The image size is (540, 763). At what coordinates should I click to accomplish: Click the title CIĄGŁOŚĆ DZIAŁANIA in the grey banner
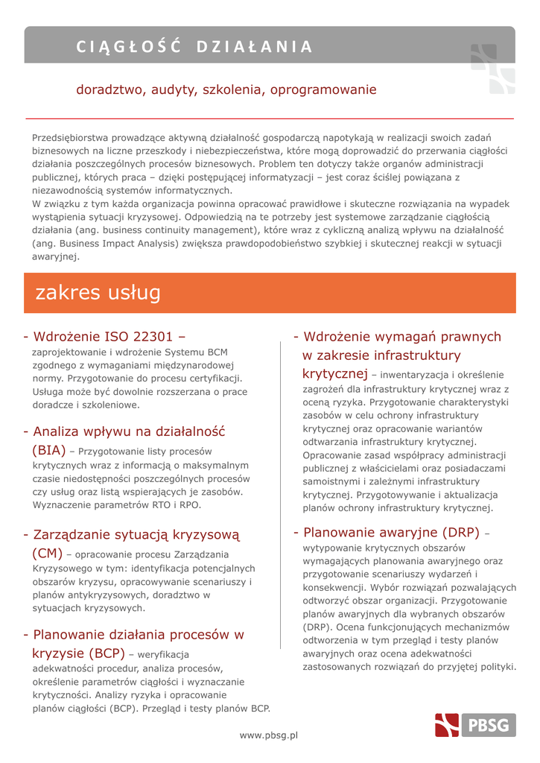[x=194, y=47]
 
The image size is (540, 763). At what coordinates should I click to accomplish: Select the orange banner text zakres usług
[x=98, y=293]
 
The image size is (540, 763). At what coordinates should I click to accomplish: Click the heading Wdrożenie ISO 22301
[x=104, y=336]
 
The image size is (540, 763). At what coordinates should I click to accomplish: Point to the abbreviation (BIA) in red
[x=49, y=450]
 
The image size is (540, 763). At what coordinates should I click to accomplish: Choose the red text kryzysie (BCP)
[x=78, y=653]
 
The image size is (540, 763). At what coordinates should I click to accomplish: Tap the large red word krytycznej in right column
[x=335, y=373]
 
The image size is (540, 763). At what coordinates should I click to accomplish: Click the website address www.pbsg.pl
[x=268, y=735]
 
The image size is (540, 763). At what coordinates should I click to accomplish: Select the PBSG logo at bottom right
[x=476, y=725]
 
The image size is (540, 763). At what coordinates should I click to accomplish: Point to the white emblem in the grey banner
[x=492, y=69]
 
